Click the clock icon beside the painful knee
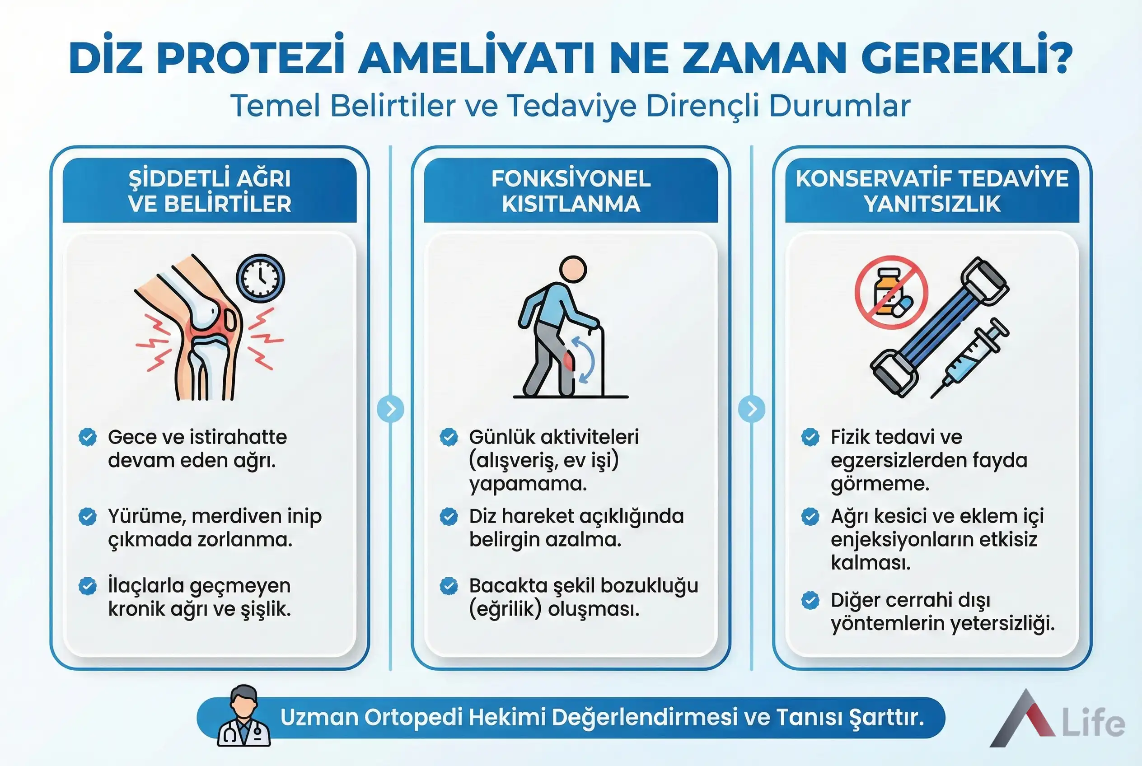(261, 277)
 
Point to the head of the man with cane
(573, 270)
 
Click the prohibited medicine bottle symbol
(891, 292)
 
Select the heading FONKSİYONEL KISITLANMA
(571, 191)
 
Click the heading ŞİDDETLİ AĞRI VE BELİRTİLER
(210, 191)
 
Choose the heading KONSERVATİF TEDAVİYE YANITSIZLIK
(932, 191)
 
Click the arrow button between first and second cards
(390, 409)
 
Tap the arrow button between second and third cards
(752, 409)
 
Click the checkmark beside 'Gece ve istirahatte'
(88, 437)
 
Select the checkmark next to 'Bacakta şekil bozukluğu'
(449, 585)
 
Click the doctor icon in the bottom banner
(244, 716)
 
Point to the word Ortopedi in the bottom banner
(413, 717)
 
